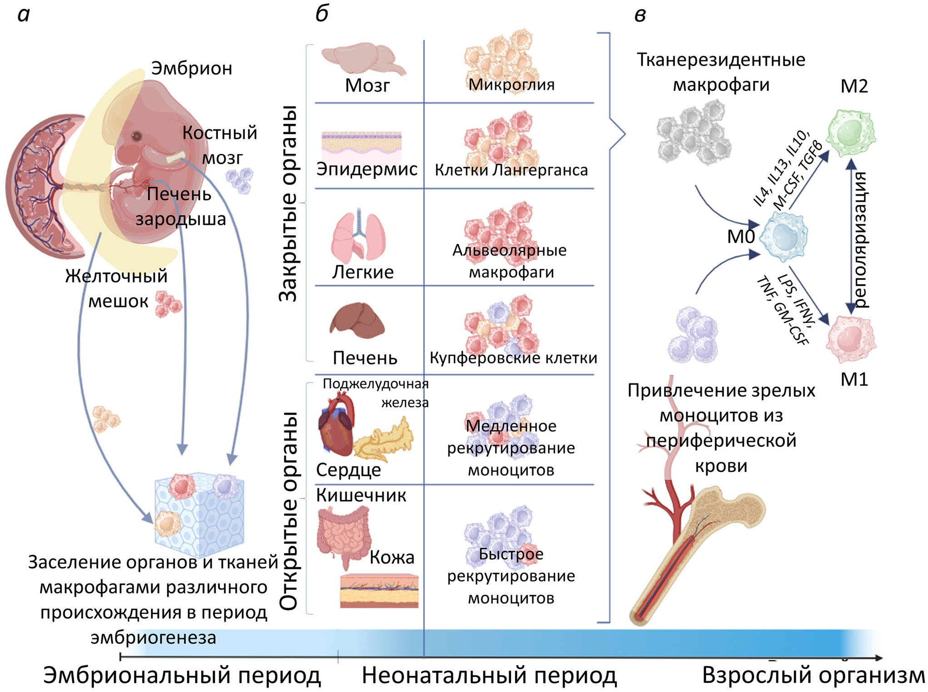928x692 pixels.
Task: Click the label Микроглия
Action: (x=511, y=84)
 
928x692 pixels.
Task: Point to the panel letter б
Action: (x=322, y=15)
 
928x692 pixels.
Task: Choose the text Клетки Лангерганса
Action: (x=511, y=170)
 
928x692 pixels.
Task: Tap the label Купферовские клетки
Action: (x=513, y=358)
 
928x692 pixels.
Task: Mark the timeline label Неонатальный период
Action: (x=489, y=675)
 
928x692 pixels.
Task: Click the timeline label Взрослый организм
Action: (x=813, y=675)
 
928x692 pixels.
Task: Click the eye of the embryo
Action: (x=136, y=136)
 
